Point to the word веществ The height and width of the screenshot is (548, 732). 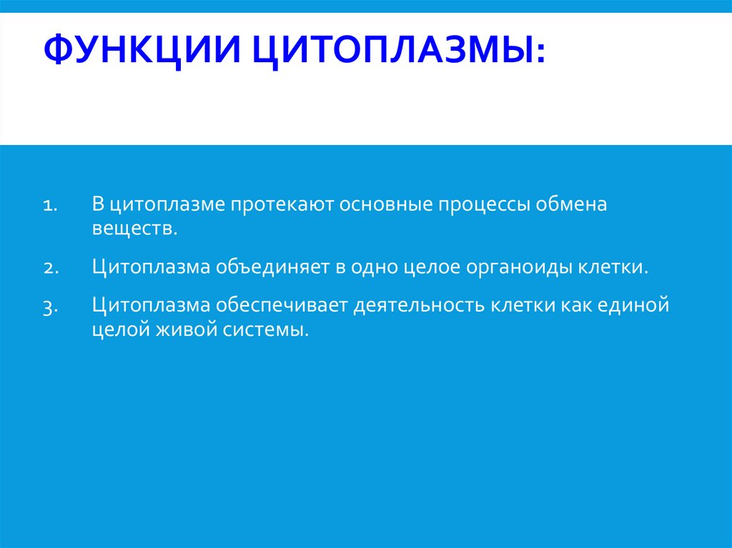[x=133, y=229]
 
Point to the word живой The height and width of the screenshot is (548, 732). [x=178, y=331]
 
